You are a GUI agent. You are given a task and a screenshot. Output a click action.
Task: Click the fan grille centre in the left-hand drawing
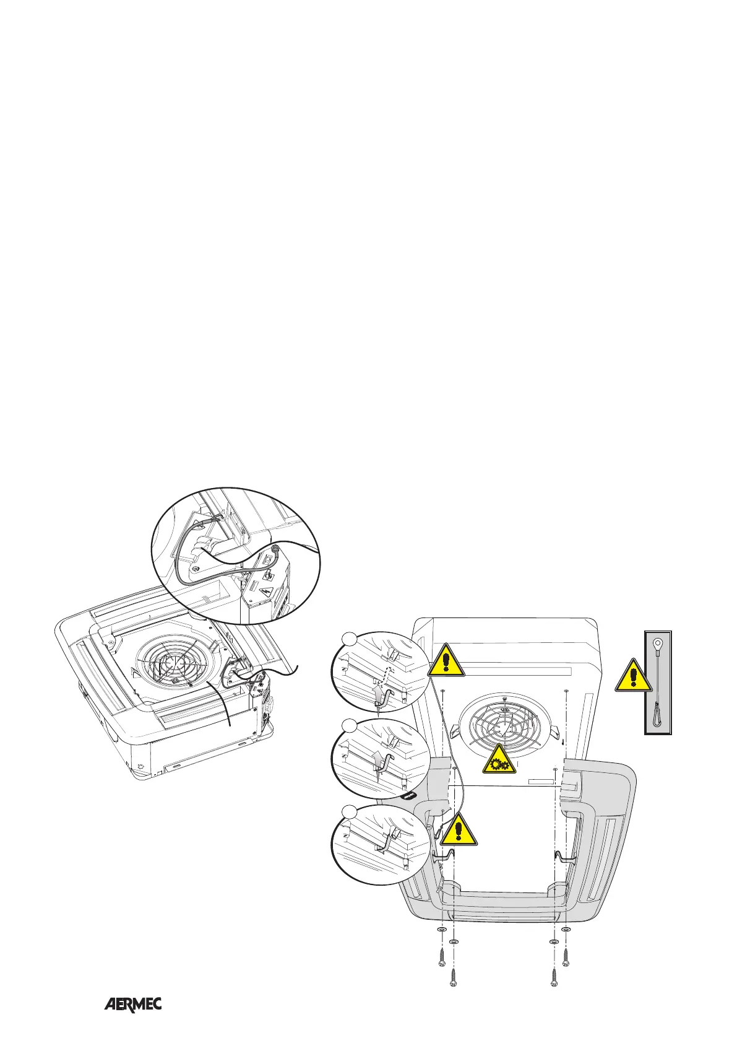[x=174, y=665]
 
